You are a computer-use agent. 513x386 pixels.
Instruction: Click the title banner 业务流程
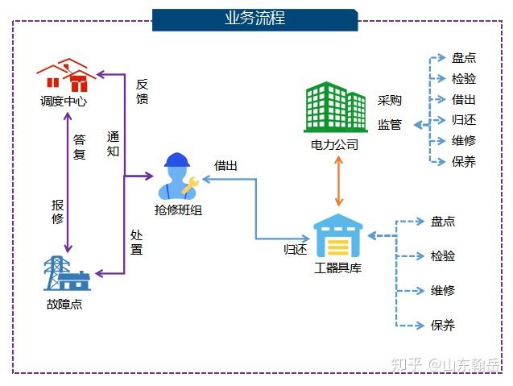point(255,19)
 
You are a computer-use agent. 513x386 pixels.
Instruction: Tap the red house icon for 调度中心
point(66,75)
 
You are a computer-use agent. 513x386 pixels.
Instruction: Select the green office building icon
point(336,107)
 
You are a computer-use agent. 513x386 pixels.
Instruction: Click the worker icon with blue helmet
point(178,176)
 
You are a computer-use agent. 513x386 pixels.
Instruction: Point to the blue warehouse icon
point(338,235)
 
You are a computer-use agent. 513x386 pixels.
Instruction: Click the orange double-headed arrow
point(338,181)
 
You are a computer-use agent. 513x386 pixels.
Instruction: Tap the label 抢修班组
point(178,210)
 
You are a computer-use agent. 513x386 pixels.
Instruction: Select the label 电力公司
point(334,144)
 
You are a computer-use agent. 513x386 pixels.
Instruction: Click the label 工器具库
point(338,268)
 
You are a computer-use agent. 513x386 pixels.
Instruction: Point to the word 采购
point(390,100)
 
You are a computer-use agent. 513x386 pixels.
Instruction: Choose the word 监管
point(390,125)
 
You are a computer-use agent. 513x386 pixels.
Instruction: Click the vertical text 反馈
point(143,91)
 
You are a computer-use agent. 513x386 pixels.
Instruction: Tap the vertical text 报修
point(58,212)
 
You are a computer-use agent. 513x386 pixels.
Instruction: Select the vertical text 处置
point(136,243)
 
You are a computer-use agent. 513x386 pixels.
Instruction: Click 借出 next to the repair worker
point(225,166)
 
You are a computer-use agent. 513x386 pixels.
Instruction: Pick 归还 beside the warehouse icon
point(296,250)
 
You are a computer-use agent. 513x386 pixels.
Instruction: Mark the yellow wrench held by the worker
point(190,185)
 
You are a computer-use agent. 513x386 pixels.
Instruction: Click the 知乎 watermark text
point(406,364)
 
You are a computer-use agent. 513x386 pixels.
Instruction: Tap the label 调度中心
point(64,102)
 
